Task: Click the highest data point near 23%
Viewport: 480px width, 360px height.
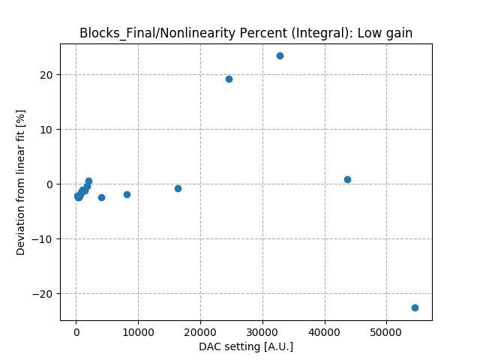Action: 280,55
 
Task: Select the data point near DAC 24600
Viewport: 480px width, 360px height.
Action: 229,79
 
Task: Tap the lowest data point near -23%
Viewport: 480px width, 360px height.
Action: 415,307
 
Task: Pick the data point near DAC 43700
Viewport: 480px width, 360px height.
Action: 347,179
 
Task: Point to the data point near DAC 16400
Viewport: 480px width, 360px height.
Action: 178,188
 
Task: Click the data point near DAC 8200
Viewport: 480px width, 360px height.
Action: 127,194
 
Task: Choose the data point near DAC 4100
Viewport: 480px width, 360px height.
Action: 101,197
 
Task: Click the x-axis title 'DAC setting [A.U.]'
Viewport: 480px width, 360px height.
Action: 246,346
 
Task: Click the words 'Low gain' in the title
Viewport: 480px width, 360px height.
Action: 386,33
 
